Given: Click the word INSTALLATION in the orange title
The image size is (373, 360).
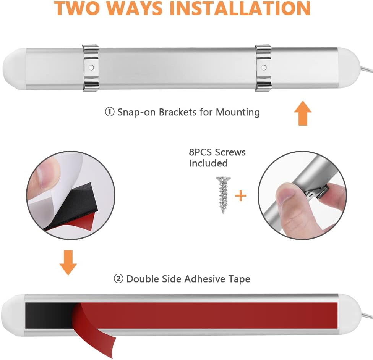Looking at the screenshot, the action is click(240, 8).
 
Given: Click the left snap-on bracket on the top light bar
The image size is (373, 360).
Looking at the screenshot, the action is click(91, 68).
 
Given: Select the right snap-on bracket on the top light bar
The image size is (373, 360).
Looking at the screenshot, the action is click(263, 68).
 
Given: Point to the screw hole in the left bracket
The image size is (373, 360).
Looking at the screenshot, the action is click(91, 68).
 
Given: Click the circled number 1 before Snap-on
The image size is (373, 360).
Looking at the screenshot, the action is click(110, 112).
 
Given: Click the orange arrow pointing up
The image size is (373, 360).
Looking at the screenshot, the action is click(303, 113).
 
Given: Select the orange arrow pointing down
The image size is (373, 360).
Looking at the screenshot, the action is click(68, 263).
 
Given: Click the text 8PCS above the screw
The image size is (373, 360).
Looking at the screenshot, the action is click(200, 152).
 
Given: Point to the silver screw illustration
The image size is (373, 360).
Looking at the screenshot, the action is click(223, 195).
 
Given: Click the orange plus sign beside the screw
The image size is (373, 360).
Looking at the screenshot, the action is click(241, 196).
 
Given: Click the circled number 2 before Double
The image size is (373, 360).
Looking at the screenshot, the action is click(118, 279).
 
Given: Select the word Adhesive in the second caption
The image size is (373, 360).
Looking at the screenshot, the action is click(204, 279).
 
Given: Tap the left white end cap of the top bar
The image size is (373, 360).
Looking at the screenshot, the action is click(14, 69).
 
